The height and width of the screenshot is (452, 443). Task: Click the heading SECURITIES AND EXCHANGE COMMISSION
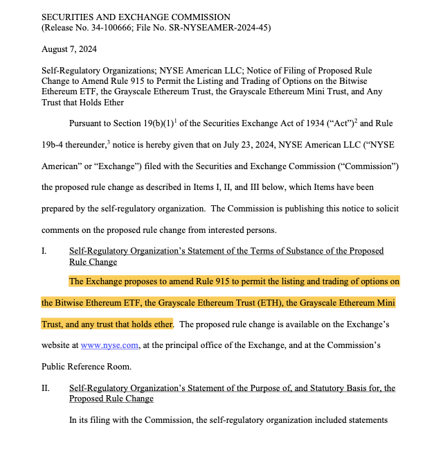point(136,17)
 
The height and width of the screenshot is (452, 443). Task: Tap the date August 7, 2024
point(69,49)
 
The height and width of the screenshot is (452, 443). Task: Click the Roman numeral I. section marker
point(44,251)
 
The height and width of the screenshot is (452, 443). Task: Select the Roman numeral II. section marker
point(46,388)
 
